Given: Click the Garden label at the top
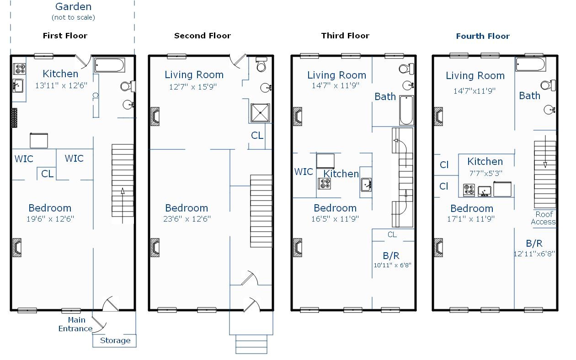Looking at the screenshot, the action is pyautogui.click(x=73, y=7).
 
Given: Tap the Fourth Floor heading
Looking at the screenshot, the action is pyautogui.click(x=483, y=36).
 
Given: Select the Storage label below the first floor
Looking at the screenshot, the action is pyautogui.click(x=115, y=340).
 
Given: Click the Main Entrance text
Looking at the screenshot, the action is pyautogui.click(x=75, y=324).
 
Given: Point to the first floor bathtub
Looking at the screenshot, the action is pyautogui.click(x=110, y=65).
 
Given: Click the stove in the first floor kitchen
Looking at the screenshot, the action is pyautogui.click(x=20, y=69).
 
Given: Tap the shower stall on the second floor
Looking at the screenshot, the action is pyautogui.click(x=260, y=113).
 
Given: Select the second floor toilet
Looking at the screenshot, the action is pyautogui.click(x=261, y=64).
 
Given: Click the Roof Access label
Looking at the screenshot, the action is pyautogui.click(x=544, y=218).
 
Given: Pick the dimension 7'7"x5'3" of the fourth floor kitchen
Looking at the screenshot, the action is pyautogui.click(x=485, y=174).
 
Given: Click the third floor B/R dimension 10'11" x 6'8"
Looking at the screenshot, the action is pyautogui.click(x=392, y=265).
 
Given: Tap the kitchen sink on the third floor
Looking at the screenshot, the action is pyautogui.click(x=366, y=185).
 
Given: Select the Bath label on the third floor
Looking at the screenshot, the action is pyautogui.click(x=385, y=96).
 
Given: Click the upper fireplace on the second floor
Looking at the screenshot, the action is pyautogui.click(x=155, y=116).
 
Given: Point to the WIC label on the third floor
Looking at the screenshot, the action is pyautogui.click(x=304, y=172).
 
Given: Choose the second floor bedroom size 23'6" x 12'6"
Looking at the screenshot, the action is pyautogui.click(x=187, y=219).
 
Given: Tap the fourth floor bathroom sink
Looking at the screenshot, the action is pyautogui.click(x=549, y=110).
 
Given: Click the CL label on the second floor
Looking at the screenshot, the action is pyautogui.click(x=257, y=135).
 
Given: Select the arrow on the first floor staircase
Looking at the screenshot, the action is pyautogui.click(x=123, y=206).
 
